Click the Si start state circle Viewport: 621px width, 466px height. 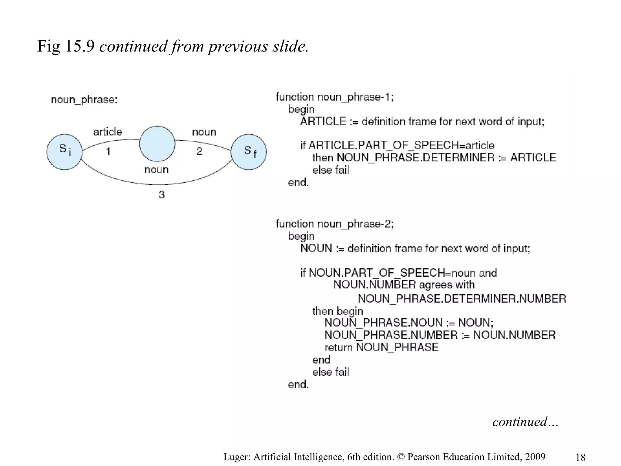tap(64, 152)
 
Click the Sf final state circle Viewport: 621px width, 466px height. tap(249, 152)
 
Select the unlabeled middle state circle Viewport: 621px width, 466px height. tap(157, 144)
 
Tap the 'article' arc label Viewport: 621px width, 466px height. tap(108, 132)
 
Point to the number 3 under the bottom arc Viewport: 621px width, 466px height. tap(162, 194)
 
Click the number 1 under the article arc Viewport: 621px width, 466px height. tap(108, 151)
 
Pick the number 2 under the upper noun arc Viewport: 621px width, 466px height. tap(199, 151)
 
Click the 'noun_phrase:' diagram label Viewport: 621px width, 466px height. tap(84, 100)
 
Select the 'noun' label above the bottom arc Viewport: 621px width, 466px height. tap(156, 169)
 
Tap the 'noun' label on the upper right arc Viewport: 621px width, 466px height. tap(204, 132)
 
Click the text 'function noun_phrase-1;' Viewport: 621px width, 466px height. tap(334, 97)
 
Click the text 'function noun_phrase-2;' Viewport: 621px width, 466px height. tap(334, 224)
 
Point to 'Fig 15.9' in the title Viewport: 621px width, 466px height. tap(66, 46)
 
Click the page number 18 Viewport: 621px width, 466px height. tap(580, 457)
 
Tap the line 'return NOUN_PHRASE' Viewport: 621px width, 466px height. tap(381, 347)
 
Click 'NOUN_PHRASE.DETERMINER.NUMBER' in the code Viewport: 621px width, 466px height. tap(462, 299)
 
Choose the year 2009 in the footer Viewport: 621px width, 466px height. tap(535, 457)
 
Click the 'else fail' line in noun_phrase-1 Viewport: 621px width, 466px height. tap(331, 170)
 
